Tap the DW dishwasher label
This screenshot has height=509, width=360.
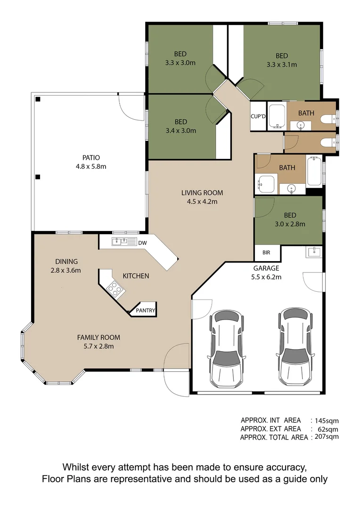coord(143,243)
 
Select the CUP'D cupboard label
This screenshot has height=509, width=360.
coord(258,116)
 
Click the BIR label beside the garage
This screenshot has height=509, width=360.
coord(266,253)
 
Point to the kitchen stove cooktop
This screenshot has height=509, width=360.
coord(113,288)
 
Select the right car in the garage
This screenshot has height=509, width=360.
coord(295,346)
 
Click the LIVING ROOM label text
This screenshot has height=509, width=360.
coord(202,193)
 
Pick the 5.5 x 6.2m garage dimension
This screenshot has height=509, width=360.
coord(267,277)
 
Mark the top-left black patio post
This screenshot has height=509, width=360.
coord(38,99)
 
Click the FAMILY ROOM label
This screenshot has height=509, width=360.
coord(98,337)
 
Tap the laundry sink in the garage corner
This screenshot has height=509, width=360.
coord(313,252)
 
